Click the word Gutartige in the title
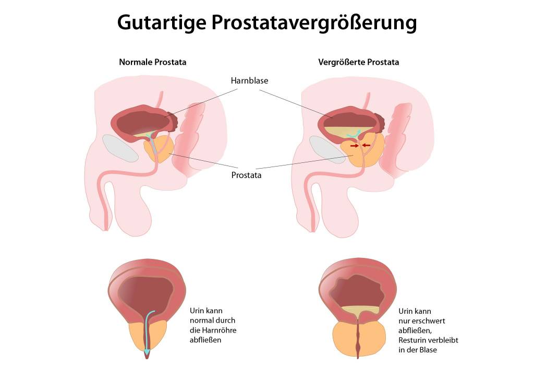162,22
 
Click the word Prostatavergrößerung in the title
314,22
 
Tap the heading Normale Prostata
153,62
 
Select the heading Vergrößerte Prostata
359,62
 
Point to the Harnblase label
249,80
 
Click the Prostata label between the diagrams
246,175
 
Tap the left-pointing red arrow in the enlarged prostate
366,146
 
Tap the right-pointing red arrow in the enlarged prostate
355,146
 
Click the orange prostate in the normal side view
159,149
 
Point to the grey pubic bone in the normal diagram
120,148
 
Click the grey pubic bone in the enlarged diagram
327,150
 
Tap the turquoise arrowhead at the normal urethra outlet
147,351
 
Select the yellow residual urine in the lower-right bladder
360,310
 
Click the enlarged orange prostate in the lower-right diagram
359,339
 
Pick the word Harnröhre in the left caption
219,330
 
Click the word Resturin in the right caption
412,340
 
